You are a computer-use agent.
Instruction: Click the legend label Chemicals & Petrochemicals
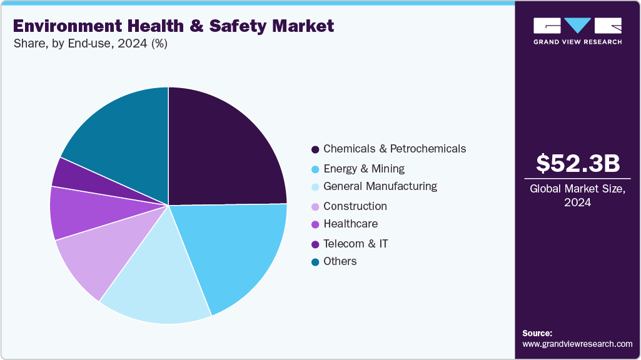pyautogui.click(x=394, y=149)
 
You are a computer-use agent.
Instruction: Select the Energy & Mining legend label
pyautogui.click(x=363, y=169)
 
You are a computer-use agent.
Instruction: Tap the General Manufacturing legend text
pyautogui.click(x=380, y=186)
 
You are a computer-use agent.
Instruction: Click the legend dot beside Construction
pyautogui.click(x=315, y=207)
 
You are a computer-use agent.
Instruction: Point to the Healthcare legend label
pyautogui.click(x=350, y=224)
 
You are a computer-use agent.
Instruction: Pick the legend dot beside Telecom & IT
pyautogui.click(x=315, y=244)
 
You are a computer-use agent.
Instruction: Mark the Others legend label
pyautogui.click(x=340, y=261)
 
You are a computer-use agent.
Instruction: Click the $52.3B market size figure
pyautogui.click(x=577, y=163)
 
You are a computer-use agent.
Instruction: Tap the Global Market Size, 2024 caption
pyautogui.click(x=577, y=196)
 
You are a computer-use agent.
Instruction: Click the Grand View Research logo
pyautogui.click(x=577, y=31)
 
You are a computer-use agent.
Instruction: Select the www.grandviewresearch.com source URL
pyautogui.click(x=577, y=344)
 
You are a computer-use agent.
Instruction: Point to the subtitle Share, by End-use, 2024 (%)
pyautogui.click(x=90, y=44)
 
